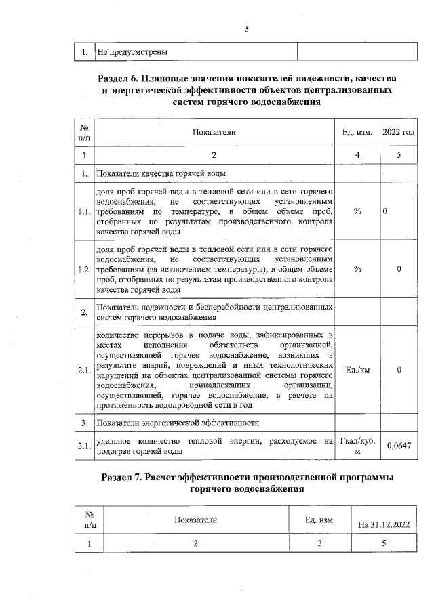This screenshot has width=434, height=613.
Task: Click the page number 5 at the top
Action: click(x=248, y=29)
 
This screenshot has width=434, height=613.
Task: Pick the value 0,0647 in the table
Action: click(x=399, y=445)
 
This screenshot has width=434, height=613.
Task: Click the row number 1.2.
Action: click(x=84, y=269)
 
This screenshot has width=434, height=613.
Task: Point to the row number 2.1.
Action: click(x=84, y=369)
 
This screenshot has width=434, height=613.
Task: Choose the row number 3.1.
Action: click(x=84, y=445)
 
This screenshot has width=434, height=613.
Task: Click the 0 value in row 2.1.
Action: click(x=399, y=369)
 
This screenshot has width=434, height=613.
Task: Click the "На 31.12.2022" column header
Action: click(x=384, y=524)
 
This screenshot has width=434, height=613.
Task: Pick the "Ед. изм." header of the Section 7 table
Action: click(x=318, y=520)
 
